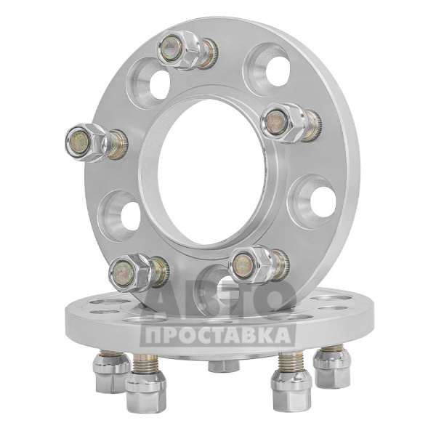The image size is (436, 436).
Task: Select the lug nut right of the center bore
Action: (x=283, y=122)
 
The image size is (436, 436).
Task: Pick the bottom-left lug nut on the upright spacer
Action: (x=129, y=272)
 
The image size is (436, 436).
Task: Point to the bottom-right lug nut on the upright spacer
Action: (x=250, y=265)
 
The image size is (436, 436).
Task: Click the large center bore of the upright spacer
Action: (x=211, y=172)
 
